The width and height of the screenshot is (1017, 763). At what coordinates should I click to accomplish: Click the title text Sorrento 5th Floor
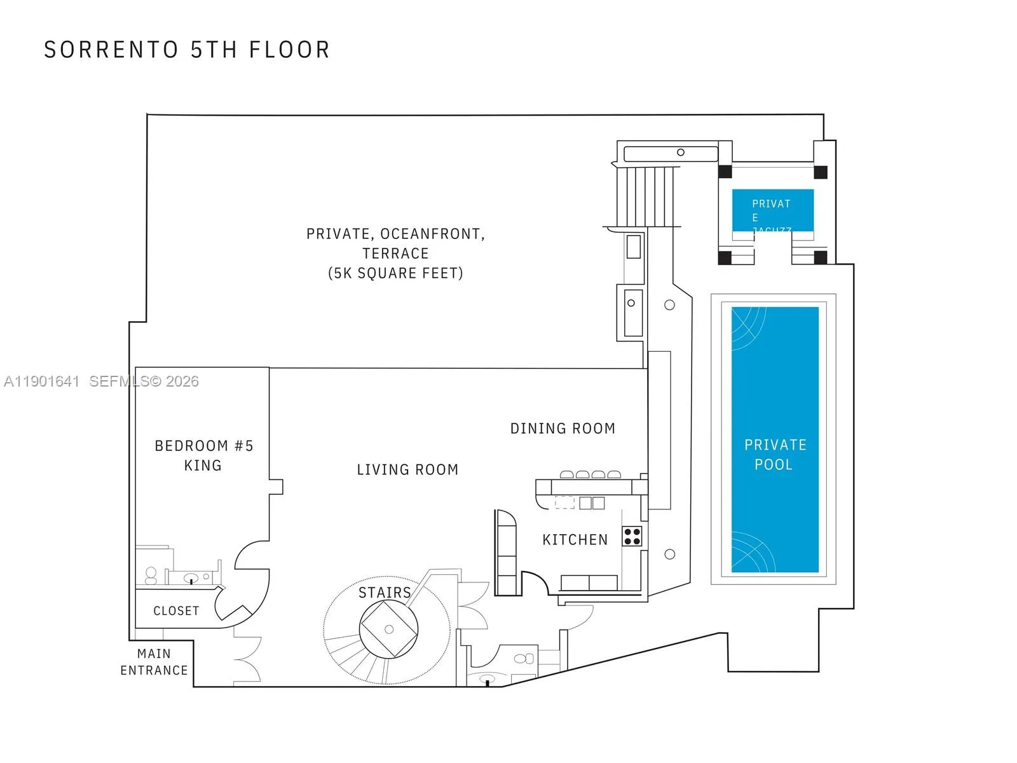point(187,50)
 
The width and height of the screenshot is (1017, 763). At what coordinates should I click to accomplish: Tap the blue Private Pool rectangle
point(774,439)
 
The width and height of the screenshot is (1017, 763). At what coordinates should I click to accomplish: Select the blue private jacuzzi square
point(772,210)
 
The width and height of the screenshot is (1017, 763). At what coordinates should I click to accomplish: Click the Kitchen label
point(575,540)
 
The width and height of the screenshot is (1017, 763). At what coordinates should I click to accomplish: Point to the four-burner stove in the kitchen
point(632,537)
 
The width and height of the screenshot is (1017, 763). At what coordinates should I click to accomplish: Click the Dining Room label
point(563,429)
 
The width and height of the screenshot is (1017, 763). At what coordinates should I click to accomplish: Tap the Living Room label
point(407,470)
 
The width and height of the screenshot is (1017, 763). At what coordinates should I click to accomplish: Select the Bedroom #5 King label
point(203,455)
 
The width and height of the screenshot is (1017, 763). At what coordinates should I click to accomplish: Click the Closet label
point(176,611)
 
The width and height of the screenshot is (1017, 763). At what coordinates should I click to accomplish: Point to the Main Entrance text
point(154,662)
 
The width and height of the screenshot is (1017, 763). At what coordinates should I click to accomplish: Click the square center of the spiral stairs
point(389,629)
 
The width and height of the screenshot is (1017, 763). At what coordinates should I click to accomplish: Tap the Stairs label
point(385,593)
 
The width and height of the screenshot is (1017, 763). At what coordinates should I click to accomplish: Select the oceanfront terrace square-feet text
point(395,273)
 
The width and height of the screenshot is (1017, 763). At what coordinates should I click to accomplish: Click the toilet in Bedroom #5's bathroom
point(151,575)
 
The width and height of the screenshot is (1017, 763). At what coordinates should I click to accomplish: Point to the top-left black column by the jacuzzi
point(725,172)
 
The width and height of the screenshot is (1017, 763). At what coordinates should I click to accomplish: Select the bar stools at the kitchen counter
point(590,474)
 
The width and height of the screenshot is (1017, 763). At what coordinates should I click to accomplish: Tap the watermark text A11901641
point(42,381)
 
